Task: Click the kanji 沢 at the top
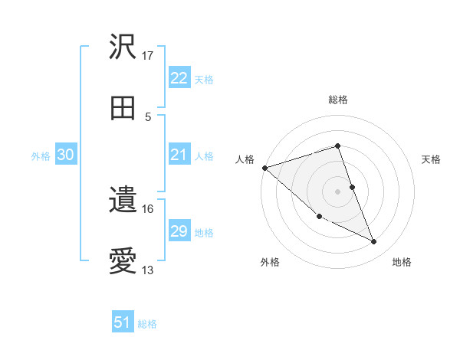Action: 123,47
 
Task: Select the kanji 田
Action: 123,108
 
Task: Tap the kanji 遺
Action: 123,201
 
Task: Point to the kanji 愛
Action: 123,262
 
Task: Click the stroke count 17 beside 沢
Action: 148,56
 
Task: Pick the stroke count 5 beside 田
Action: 148,116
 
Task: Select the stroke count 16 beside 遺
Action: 148,208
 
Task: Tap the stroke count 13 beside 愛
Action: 148,270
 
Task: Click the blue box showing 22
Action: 179,77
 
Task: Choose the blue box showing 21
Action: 179,155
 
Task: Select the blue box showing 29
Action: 179,231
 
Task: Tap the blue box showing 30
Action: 66,155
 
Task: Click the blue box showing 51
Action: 123,322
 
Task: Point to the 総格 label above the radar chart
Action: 338,100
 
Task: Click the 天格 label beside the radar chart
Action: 432,159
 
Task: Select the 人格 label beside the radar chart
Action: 245,159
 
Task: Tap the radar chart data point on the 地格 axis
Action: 374,242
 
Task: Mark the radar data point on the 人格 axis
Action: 264,168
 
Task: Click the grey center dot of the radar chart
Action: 338,191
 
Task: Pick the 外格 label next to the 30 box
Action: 41,155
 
